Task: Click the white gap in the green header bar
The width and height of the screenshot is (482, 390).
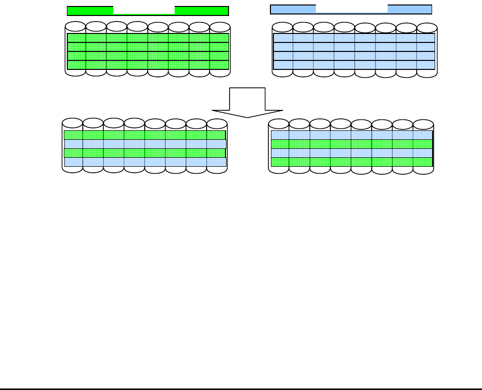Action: click(144, 10)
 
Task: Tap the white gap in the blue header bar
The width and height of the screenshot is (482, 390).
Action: click(352, 9)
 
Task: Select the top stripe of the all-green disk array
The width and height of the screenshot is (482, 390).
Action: click(148, 38)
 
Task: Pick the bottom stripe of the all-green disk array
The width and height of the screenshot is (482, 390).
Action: click(148, 65)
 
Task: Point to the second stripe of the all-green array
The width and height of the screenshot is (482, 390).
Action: click(148, 47)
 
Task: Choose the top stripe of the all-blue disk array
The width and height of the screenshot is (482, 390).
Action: click(354, 38)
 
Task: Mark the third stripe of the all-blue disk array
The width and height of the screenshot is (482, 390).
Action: click(354, 56)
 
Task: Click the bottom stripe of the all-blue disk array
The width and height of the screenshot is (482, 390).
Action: click(354, 65)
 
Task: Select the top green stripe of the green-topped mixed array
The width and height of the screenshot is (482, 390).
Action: click(145, 135)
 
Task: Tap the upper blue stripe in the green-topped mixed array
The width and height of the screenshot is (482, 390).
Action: click(145, 144)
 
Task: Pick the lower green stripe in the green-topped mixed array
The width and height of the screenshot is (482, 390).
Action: click(145, 153)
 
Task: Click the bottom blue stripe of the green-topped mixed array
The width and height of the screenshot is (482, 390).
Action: click(145, 162)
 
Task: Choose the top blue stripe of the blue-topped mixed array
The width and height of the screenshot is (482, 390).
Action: click(351, 135)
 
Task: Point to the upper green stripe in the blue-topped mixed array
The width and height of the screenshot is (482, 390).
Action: click(351, 144)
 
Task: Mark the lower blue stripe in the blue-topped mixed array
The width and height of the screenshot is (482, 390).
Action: click(351, 153)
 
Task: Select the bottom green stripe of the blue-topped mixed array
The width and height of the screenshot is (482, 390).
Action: click(351, 162)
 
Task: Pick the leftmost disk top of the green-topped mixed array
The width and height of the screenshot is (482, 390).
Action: click(72, 123)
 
